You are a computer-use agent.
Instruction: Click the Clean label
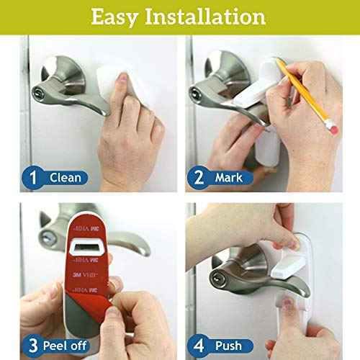pyautogui.click(x=66, y=177)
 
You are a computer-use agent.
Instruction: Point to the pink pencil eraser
pyautogui.click(x=331, y=126)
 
